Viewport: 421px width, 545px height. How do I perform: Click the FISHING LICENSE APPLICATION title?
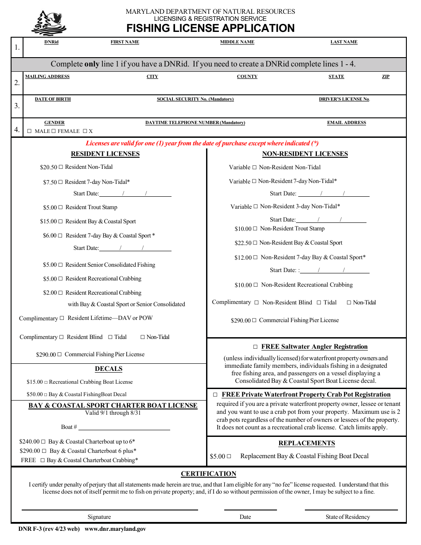pyautogui.click(x=210, y=28)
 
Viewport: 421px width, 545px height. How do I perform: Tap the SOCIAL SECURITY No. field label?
pyautogui.click(x=195, y=99)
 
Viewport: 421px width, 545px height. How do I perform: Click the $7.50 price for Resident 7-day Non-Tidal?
pyautogui.click(x=50, y=182)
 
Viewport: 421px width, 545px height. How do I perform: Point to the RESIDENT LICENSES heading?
pyautogui.click(x=105, y=154)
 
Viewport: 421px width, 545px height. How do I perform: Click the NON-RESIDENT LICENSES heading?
pyautogui.click(x=305, y=154)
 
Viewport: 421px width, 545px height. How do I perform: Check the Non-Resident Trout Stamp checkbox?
pyautogui.click(x=255, y=229)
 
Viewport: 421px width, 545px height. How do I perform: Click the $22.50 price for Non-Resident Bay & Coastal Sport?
pyautogui.click(x=243, y=243)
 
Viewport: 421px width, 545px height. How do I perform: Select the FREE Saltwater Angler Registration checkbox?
pyautogui.click(x=255, y=347)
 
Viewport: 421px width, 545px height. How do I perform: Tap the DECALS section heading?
pyautogui.click(x=109, y=369)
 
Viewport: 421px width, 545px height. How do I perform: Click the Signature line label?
pyautogui.click(x=99, y=517)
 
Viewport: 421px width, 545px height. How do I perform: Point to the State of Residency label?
pyautogui.click(x=347, y=517)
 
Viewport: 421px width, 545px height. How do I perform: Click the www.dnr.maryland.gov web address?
pyautogui.click(x=115, y=529)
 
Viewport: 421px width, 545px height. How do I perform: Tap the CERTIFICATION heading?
pyautogui.click(x=208, y=474)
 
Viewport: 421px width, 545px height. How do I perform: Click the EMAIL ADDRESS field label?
pyautogui.click(x=347, y=123)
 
